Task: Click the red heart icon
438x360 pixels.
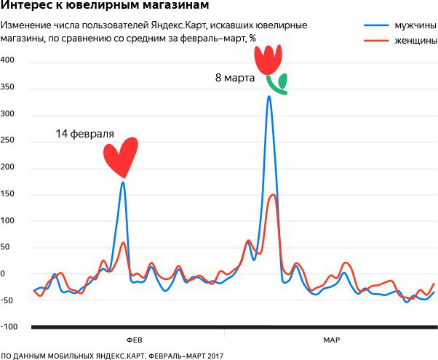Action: tap(120, 156)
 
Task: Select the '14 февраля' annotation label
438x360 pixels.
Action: tap(85, 135)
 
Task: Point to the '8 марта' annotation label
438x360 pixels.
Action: tap(235, 76)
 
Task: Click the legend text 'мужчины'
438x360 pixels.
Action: tap(410, 25)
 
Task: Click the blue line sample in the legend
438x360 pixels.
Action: tap(374, 25)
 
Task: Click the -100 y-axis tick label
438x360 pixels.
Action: tap(9, 327)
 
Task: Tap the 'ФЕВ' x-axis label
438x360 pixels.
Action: tap(135, 340)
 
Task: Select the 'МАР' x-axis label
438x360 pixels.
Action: tap(331, 340)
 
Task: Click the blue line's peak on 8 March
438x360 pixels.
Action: tap(269, 96)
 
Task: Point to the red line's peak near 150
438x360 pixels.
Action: tap(273, 195)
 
